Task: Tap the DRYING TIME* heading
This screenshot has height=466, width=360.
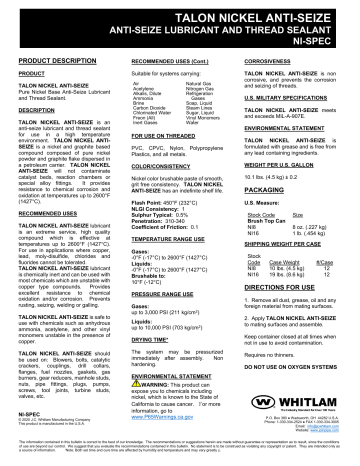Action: [150, 339]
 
